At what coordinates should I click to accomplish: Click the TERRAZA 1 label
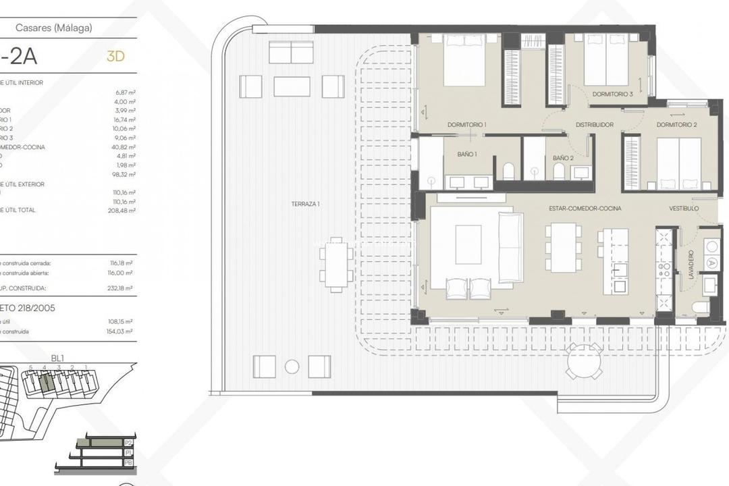tap(305, 203)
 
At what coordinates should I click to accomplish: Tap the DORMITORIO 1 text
tap(466, 125)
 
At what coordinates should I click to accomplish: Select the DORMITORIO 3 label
tap(612, 94)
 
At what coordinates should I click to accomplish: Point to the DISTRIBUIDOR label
tap(594, 125)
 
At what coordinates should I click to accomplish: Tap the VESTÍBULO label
tap(684, 209)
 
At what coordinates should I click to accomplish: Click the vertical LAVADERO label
tap(691, 270)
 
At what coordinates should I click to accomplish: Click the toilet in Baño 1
tap(508, 171)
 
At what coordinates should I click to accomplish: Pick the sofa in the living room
tap(511, 247)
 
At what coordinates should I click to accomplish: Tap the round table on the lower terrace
tap(585, 361)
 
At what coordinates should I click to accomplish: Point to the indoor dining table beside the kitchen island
tap(564, 247)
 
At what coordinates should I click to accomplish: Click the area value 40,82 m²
tap(125, 146)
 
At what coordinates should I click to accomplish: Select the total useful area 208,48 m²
tap(124, 211)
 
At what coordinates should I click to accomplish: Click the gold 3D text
tap(115, 57)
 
